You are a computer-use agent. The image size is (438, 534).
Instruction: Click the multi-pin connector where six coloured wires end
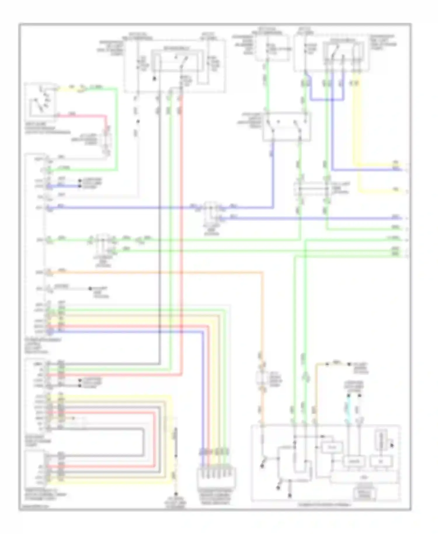tap(216, 476)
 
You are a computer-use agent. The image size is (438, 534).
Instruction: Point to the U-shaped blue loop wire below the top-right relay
tap(327, 100)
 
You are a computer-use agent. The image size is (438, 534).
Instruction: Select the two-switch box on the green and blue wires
tap(286, 126)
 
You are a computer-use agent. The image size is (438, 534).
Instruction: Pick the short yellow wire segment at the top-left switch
tap(70, 88)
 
